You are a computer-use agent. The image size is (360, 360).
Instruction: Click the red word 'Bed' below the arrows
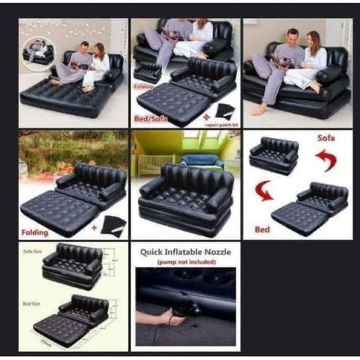263,229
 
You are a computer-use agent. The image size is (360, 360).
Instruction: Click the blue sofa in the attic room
201,159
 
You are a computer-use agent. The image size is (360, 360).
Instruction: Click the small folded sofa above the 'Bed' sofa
273,153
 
